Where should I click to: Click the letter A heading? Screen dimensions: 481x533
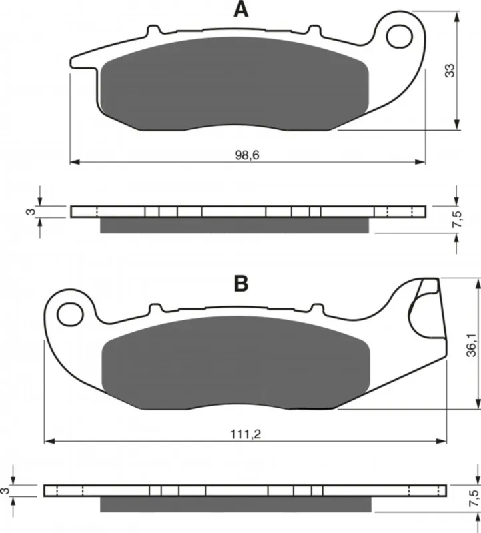pyautogui.click(x=240, y=9)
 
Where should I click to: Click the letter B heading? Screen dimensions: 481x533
pyautogui.click(x=241, y=284)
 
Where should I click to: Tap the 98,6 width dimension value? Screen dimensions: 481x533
pyautogui.click(x=247, y=155)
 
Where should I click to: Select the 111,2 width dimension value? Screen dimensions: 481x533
pyautogui.click(x=245, y=434)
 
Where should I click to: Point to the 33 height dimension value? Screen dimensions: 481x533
pyautogui.click(x=450, y=71)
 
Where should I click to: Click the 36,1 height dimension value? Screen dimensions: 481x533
pyautogui.click(x=471, y=344)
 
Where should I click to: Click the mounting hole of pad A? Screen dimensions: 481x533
pyautogui.click(x=400, y=36)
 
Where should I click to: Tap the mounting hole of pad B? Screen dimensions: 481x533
pyautogui.click(x=71, y=314)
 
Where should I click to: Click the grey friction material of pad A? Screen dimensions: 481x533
pyautogui.click(x=235, y=83)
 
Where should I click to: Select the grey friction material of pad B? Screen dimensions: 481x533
pyautogui.click(x=235, y=362)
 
